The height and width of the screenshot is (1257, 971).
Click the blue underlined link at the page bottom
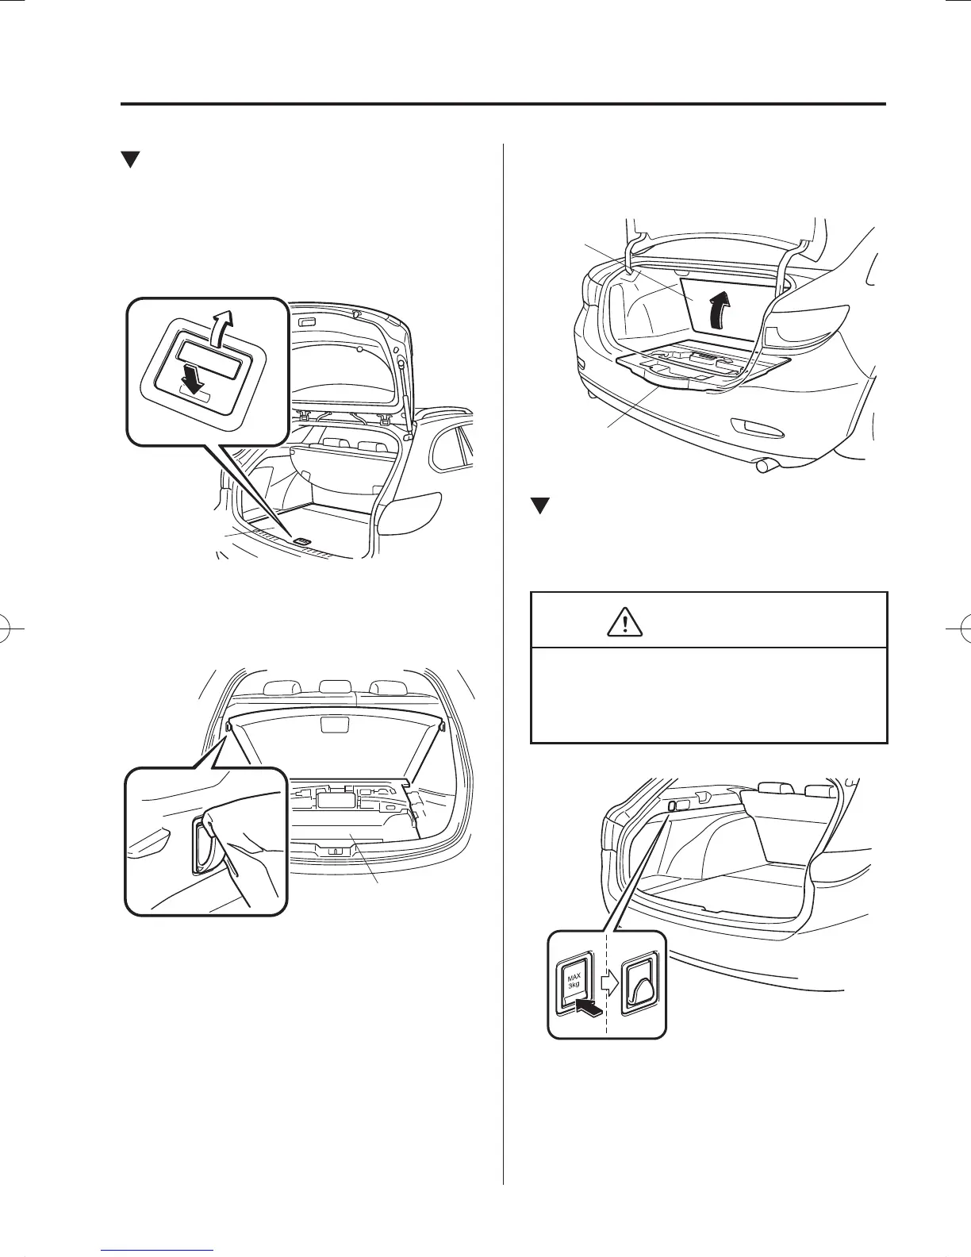pyautogui.click(x=159, y=1250)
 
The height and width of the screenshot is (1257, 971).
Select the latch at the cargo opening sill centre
pyautogui.click(x=336, y=850)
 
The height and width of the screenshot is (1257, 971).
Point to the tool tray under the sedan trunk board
pyautogui.click(x=698, y=366)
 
